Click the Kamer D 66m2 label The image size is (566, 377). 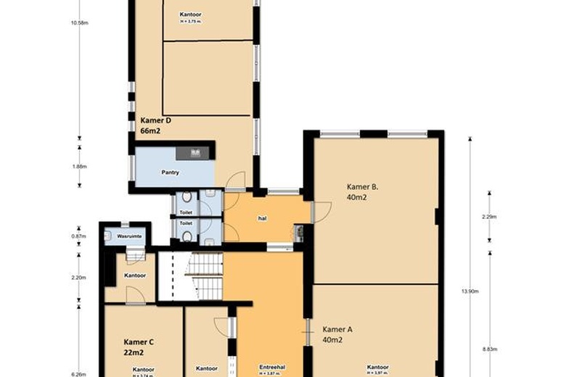pos(156,125)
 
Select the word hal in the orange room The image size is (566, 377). pos(263,217)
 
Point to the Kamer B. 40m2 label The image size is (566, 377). pos(363,191)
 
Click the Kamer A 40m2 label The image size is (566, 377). pos(337,333)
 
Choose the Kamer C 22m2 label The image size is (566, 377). pos(139,347)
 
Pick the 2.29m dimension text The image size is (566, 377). pos(489,217)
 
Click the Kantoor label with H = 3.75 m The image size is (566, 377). pos(192,17)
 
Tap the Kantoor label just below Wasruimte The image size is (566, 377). pos(135,275)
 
